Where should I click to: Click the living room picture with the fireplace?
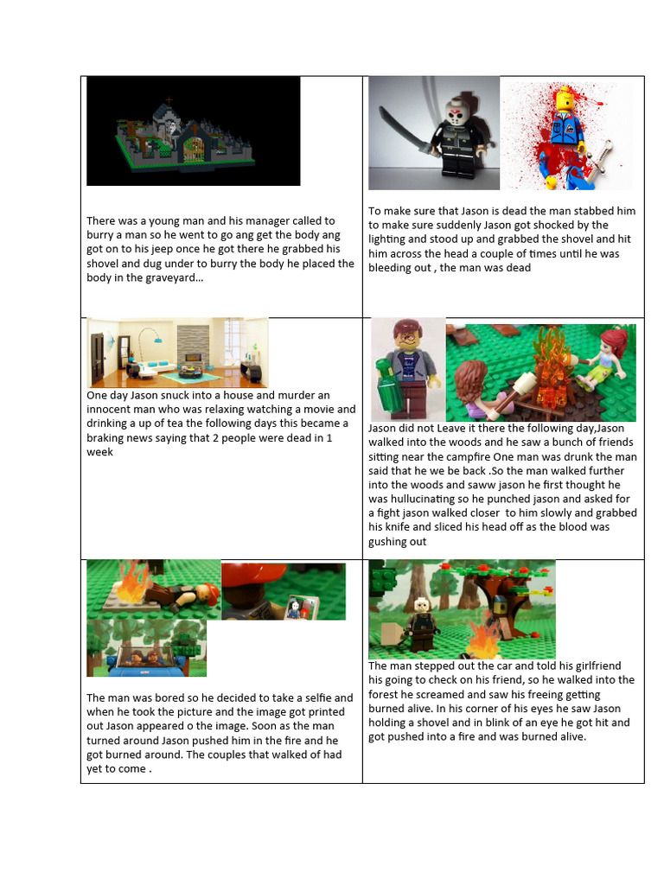tap(177, 353)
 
